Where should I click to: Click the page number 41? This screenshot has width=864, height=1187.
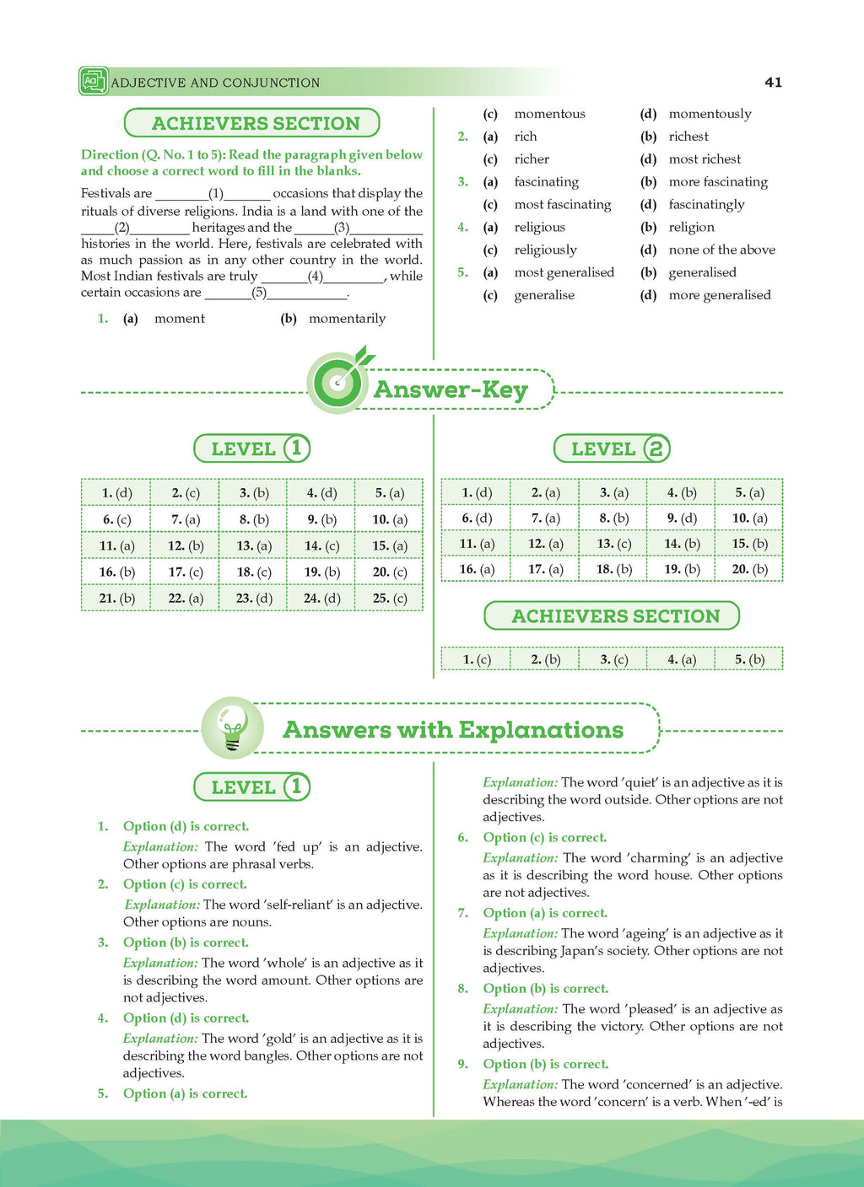coord(773,83)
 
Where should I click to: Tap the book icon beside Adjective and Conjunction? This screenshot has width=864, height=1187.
coord(92,81)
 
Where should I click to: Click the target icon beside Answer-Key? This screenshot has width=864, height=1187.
coord(337,383)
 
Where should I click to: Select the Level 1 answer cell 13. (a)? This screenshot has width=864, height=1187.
coord(253,545)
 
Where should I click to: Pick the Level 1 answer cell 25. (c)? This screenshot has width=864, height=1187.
coord(389,598)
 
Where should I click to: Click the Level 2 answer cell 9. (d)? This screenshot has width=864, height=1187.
coord(680,518)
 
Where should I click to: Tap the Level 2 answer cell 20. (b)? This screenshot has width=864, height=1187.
coord(748,569)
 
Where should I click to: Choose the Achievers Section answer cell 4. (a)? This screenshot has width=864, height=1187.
coord(680,659)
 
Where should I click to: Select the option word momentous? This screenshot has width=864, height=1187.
coord(549,114)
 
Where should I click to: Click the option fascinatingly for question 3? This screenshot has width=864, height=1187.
coord(706,204)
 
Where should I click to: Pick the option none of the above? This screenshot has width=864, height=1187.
coord(721,250)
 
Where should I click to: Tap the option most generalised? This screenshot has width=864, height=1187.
coord(564,272)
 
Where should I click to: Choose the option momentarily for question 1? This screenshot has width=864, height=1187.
coord(347,319)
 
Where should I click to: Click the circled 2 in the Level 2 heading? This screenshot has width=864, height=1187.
coord(656,448)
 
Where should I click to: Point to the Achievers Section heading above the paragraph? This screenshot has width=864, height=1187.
coord(252,123)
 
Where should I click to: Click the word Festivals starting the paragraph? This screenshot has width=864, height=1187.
coord(105,194)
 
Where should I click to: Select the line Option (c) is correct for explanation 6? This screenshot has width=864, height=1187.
coord(544,837)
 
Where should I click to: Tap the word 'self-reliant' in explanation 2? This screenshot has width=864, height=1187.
coord(300,905)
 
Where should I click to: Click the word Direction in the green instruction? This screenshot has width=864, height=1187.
coord(110,154)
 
